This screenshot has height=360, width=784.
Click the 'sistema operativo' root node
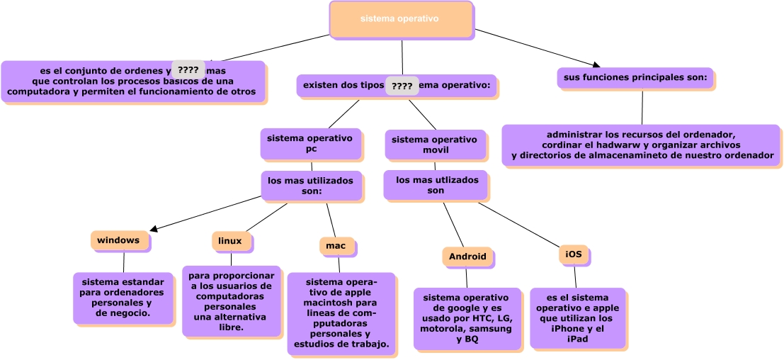point(401,19)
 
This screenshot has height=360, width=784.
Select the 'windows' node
point(120,241)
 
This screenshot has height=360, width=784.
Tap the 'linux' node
point(231,242)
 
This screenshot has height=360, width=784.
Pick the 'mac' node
point(336,246)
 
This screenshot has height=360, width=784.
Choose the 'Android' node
point(467,257)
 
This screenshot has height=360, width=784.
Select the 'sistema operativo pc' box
point(311,144)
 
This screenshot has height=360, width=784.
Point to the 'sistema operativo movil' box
point(435,145)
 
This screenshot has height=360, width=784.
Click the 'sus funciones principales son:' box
point(635,77)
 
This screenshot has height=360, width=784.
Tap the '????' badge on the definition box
point(188,69)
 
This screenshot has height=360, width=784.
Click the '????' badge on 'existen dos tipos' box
point(402,86)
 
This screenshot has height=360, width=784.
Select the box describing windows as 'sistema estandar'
point(123,298)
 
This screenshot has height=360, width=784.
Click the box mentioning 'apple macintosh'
point(341,313)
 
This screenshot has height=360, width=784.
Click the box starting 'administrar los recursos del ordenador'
point(641,145)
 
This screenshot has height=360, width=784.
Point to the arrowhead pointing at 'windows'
point(154,229)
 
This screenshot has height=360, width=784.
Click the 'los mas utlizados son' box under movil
point(435,185)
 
